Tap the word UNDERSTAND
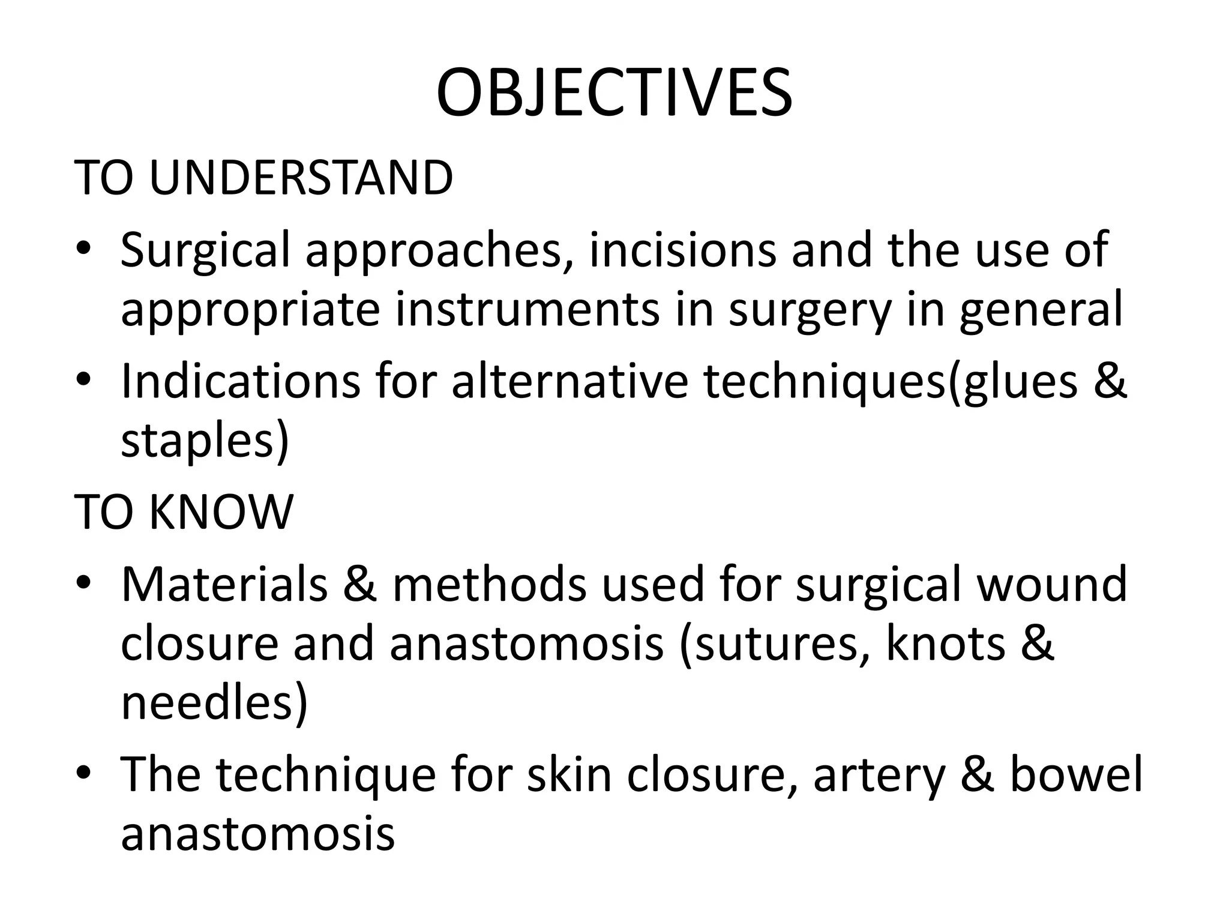click(300, 178)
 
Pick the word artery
click(879, 776)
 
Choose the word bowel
click(1077, 774)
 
